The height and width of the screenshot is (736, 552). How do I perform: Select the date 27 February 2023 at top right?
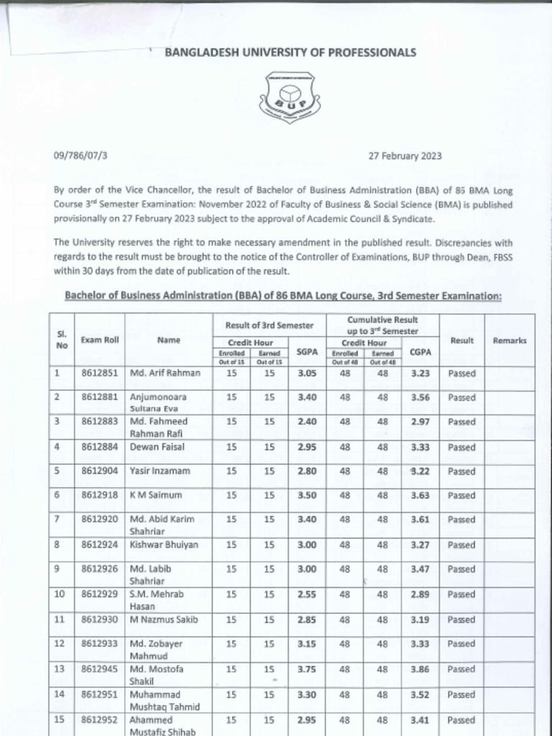[x=405, y=155]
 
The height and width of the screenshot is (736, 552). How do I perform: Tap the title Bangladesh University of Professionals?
[x=290, y=52]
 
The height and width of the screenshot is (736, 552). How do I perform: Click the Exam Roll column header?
[x=99, y=340]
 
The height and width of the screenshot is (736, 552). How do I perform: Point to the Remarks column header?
[x=509, y=340]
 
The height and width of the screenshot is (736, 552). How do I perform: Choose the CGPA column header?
[x=420, y=352]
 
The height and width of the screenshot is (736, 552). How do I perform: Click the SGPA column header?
[x=307, y=352]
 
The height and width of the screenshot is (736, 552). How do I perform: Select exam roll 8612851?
[x=99, y=373]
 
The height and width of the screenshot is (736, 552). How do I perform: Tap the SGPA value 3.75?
[x=307, y=668]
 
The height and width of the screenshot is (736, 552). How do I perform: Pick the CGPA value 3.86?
[x=420, y=668]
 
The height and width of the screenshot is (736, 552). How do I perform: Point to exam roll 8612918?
[x=99, y=495]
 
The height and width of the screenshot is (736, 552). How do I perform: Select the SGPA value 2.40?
[x=307, y=421]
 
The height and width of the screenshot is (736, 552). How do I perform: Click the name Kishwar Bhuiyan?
[x=164, y=545]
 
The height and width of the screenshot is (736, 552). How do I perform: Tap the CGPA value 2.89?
[x=420, y=595]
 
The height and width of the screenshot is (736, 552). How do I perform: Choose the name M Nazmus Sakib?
[x=163, y=619]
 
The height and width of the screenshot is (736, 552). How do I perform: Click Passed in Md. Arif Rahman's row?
[x=461, y=373]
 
